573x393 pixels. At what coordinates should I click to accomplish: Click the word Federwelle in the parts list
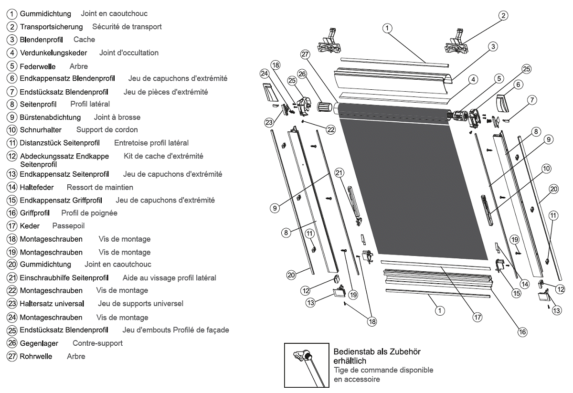click(37, 66)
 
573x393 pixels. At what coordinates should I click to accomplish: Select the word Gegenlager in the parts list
click(40, 343)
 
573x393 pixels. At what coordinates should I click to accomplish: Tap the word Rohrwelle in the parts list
click(36, 356)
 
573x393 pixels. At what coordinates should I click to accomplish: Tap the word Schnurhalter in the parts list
click(41, 129)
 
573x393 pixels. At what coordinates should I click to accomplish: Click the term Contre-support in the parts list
click(97, 343)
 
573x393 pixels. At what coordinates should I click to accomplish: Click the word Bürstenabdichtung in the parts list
click(50, 117)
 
